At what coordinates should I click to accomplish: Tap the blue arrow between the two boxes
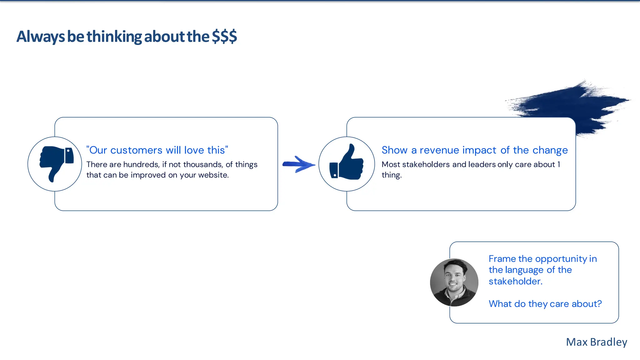[298, 164]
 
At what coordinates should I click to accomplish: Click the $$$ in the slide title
[224, 37]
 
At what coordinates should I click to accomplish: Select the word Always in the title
[41, 37]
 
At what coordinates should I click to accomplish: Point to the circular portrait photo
[454, 282]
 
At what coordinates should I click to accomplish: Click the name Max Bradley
[596, 342]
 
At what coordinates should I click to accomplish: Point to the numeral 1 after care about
[559, 164]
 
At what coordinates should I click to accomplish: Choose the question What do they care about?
[545, 304]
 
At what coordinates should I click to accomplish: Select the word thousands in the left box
[202, 165]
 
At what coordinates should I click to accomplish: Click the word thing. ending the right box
[391, 175]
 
